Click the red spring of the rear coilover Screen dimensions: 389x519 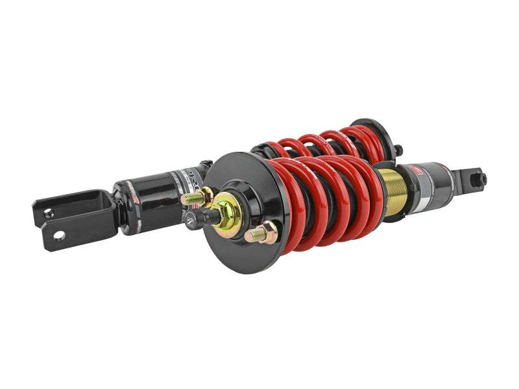click(x=324, y=143)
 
